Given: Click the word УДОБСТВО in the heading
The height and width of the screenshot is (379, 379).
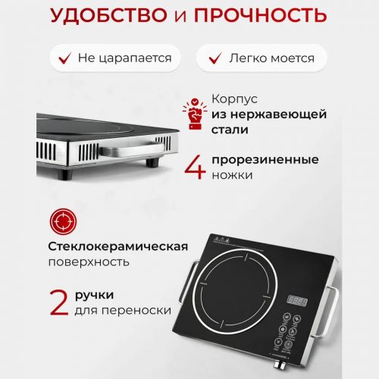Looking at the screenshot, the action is click(x=109, y=15).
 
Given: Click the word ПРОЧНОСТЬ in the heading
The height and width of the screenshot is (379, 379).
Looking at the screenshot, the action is click(x=260, y=15).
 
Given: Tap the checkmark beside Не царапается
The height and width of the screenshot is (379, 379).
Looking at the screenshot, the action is click(x=64, y=58).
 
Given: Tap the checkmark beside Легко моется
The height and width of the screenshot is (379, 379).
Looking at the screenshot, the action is click(x=215, y=58).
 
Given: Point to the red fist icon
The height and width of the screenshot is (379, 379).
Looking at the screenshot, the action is click(x=195, y=114).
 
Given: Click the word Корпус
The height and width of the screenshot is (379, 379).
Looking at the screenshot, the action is click(x=234, y=99).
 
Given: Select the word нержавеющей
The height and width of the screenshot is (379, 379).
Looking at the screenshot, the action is click(x=278, y=114).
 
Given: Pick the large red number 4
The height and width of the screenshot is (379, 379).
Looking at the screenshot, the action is click(x=195, y=168).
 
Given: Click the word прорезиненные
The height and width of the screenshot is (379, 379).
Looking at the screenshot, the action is click(x=265, y=160).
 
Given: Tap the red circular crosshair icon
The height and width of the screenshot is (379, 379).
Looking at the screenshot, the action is click(x=63, y=221).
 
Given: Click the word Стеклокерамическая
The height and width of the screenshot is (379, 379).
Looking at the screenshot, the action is click(x=118, y=246).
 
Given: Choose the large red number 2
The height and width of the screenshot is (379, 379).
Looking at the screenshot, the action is click(x=59, y=302).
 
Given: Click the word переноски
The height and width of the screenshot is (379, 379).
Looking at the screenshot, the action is click(x=136, y=311).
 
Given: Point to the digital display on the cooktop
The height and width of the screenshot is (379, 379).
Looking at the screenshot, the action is click(x=297, y=301).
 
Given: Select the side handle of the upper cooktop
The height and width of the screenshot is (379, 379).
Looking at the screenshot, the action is click(x=132, y=149).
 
